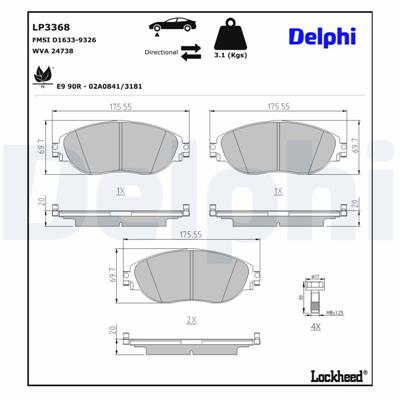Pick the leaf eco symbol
(44, 73)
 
